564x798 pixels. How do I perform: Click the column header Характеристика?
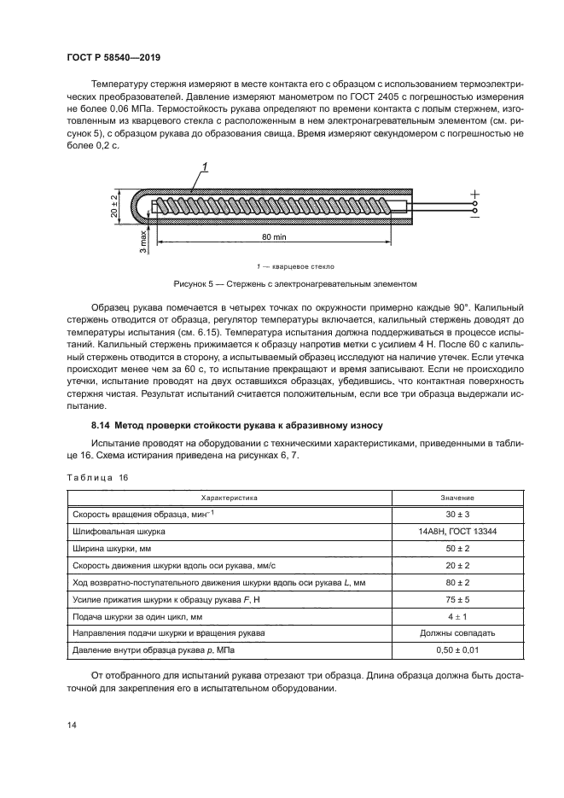coord(229,497)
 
